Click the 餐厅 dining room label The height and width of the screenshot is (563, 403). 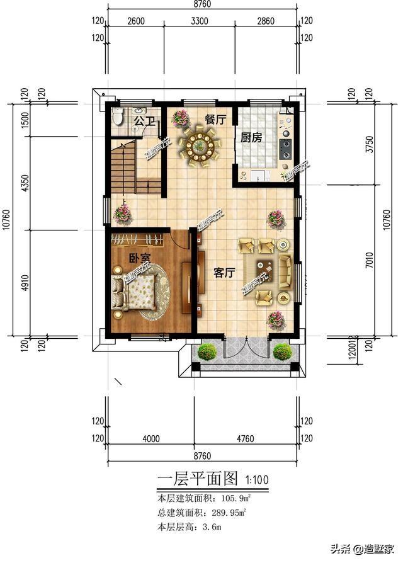(x=215, y=120)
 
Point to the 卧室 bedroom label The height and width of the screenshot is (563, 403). (x=139, y=258)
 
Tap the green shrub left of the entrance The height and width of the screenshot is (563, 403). (x=207, y=352)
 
